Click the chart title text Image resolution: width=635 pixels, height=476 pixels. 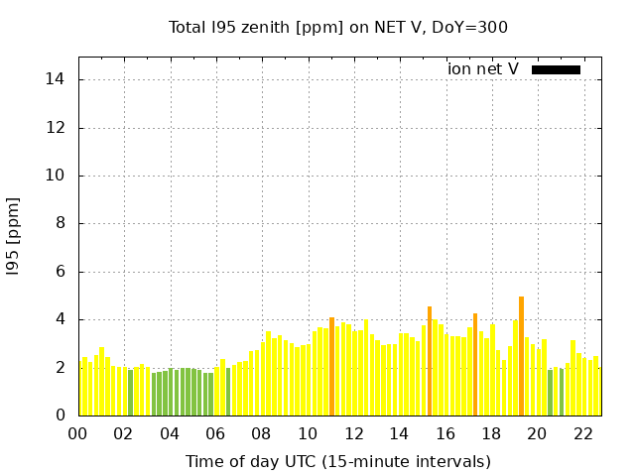tap(338, 27)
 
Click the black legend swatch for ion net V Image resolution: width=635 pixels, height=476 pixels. tap(556, 69)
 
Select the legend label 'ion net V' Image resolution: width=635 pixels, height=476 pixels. tap(483, 69)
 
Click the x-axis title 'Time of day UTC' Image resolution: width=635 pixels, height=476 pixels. tap(337, 461)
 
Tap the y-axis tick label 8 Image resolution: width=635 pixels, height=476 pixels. tap(62, 223)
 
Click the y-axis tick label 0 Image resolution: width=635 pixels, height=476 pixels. tap(62, 416)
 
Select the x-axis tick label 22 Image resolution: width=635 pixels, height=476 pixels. tap(582, 434)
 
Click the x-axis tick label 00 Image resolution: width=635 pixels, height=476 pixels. tap(78, 434)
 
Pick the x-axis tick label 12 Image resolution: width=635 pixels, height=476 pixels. tap(353, 434)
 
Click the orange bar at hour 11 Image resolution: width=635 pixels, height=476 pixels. tap(331, 367)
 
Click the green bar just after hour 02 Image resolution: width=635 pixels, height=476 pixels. tap(130, 393)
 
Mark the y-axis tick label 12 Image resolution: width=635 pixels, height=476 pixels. tap(58, 128)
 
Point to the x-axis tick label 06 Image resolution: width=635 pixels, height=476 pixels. tap(215, 434)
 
